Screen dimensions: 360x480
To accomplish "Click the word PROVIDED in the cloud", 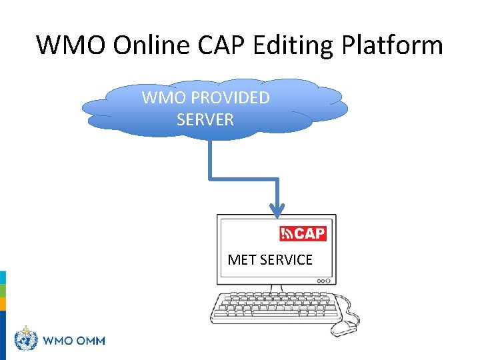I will point(230,98).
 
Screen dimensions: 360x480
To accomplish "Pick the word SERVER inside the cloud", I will point(205,120).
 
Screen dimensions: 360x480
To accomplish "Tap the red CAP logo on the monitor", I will point(303,233).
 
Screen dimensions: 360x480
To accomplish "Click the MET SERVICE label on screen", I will point(270,259).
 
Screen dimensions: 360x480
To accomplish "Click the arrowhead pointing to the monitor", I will point(277,210).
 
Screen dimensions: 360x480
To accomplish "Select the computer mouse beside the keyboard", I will point(345,327).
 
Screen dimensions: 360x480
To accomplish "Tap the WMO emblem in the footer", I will point(26,339).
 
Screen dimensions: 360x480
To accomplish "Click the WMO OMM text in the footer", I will point(74,340).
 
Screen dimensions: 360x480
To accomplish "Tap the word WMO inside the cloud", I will point(163,98).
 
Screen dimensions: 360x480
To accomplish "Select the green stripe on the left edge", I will point(3,291).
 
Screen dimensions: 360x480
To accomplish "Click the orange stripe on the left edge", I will point(3,304).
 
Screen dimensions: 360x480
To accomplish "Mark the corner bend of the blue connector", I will point(210,178).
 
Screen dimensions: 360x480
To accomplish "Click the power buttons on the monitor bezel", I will point(323,281).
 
